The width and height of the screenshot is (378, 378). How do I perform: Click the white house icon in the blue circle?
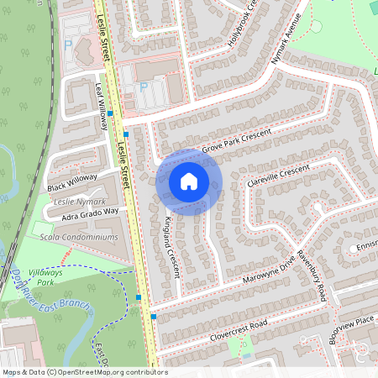tap(189, 181)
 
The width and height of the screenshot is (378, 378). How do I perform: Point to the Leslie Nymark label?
tap(79, 202)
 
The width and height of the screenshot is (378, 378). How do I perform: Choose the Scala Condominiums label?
tap(79, 237)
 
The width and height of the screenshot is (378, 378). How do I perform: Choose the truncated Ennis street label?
tap(366, 248)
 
